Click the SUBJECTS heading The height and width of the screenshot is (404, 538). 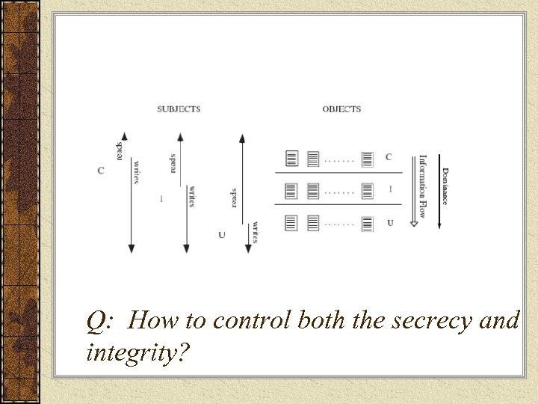pyautogui.click(x=179, y=109)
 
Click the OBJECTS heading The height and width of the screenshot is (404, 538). pyautogui.click(x=341, y=109)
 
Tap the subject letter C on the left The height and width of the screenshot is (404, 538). pyautogui.click(x=101, y=171)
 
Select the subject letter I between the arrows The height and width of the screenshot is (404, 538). pyautogui.click(x=161, y=198)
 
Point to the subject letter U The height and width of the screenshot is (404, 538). pyautogui.click(x=221, y=235)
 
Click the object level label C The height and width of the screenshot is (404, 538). pyautogui.click(x=389, y=157)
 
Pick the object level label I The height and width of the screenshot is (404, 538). pyautogui.click(x=390, y=189)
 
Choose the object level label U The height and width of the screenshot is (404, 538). pyautogui.click(x=390, y=222)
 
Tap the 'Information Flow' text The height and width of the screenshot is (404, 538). pyautogui.click(x=423, y=186)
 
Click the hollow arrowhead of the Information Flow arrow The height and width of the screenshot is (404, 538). pyautogui.click(x=412, y=222)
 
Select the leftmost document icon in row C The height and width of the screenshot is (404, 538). pyautogui.click(x=292, y=159)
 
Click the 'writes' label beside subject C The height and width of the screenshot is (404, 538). pyautogui.click(x=137, y=171)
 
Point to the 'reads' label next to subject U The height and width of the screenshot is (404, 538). pyautogui.click(x=234, y=198)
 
